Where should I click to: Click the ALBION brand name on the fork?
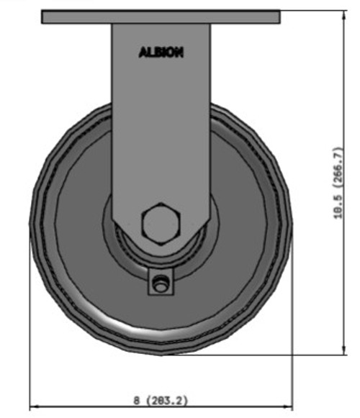161,52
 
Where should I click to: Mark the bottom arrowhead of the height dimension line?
336,350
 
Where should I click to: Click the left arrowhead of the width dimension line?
33,407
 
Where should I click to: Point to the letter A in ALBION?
142,52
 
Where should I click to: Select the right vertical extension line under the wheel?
292,324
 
